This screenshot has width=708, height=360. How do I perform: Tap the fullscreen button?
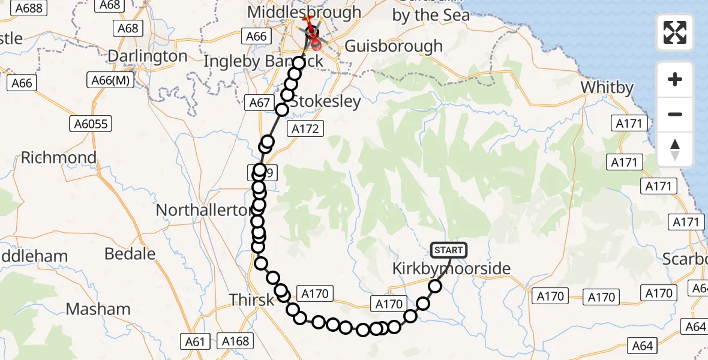pos(675,32)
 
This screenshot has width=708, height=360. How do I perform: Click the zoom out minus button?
pos(675,114)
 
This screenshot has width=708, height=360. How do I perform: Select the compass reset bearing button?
pos(675,149)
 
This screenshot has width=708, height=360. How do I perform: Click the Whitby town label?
pos(607,88)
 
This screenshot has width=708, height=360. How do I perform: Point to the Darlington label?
pos(148,56)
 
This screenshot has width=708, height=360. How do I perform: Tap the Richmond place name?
pos(59,158)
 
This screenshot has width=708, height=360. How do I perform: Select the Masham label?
pos(98,310)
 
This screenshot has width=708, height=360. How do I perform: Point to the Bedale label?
pos(130,254)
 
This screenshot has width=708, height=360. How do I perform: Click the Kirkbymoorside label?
pos(451,268)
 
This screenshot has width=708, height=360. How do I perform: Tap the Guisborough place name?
pos(394,46)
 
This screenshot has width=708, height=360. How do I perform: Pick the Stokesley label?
pos(325,101)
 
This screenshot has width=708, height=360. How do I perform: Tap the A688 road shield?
pos(29,8)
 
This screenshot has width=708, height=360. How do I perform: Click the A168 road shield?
pos(235,341)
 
